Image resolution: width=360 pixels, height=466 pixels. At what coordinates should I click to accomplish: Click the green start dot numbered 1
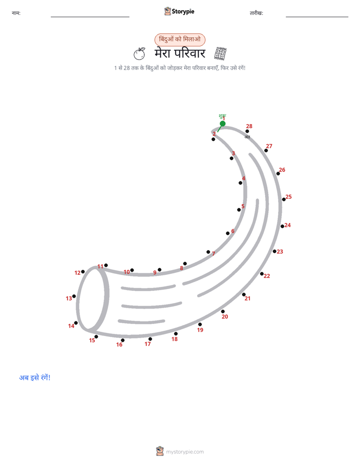(x=222, y=124)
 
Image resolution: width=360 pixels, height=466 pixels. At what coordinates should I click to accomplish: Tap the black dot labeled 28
(x=247, y=131)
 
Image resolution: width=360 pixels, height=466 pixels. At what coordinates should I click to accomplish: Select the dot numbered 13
(x=74, y=297)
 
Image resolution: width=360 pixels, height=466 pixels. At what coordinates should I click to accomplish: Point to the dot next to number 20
(x=223, y=312)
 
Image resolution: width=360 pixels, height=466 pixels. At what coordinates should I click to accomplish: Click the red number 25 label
(x=288, y=197)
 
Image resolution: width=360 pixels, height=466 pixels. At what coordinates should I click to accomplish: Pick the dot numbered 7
(x=208, y=252)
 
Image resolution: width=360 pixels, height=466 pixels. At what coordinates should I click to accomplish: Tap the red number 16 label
(x=119, y=344)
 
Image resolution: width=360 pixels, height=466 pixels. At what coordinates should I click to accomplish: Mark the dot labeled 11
(x=106, y=265)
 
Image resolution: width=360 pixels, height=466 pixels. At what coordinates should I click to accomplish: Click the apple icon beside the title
(x=139, y=54)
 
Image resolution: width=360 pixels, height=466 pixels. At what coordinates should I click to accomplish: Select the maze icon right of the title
(x=220, y=53)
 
